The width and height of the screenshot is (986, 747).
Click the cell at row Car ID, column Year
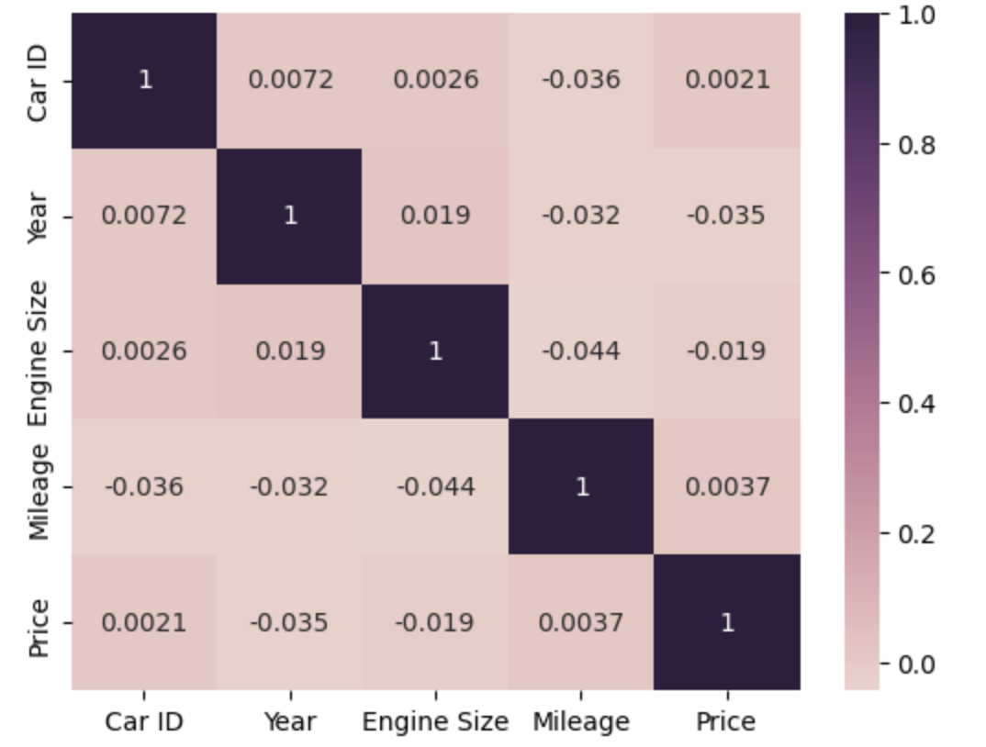tap(289, 80)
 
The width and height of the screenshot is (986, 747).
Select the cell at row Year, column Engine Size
tap(435, 216)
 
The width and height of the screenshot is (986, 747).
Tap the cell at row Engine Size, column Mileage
tap(580, 351)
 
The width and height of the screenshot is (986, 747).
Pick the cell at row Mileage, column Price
tap(726, 486)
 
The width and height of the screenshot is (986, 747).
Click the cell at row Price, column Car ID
tap(144, 622)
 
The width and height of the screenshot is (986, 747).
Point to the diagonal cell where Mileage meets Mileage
tap(580, 486)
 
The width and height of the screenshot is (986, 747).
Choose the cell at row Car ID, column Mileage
tap(580, 80)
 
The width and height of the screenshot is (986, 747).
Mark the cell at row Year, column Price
tap(726, 216)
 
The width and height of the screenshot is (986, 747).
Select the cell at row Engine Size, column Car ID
tap(144, 351)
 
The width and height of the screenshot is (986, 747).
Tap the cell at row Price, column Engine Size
tap(435, 622)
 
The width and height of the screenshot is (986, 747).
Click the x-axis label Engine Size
tap(435, 722)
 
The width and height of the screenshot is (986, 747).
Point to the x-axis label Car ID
tap(144, 722)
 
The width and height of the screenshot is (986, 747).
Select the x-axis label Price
tap(726, 722)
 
